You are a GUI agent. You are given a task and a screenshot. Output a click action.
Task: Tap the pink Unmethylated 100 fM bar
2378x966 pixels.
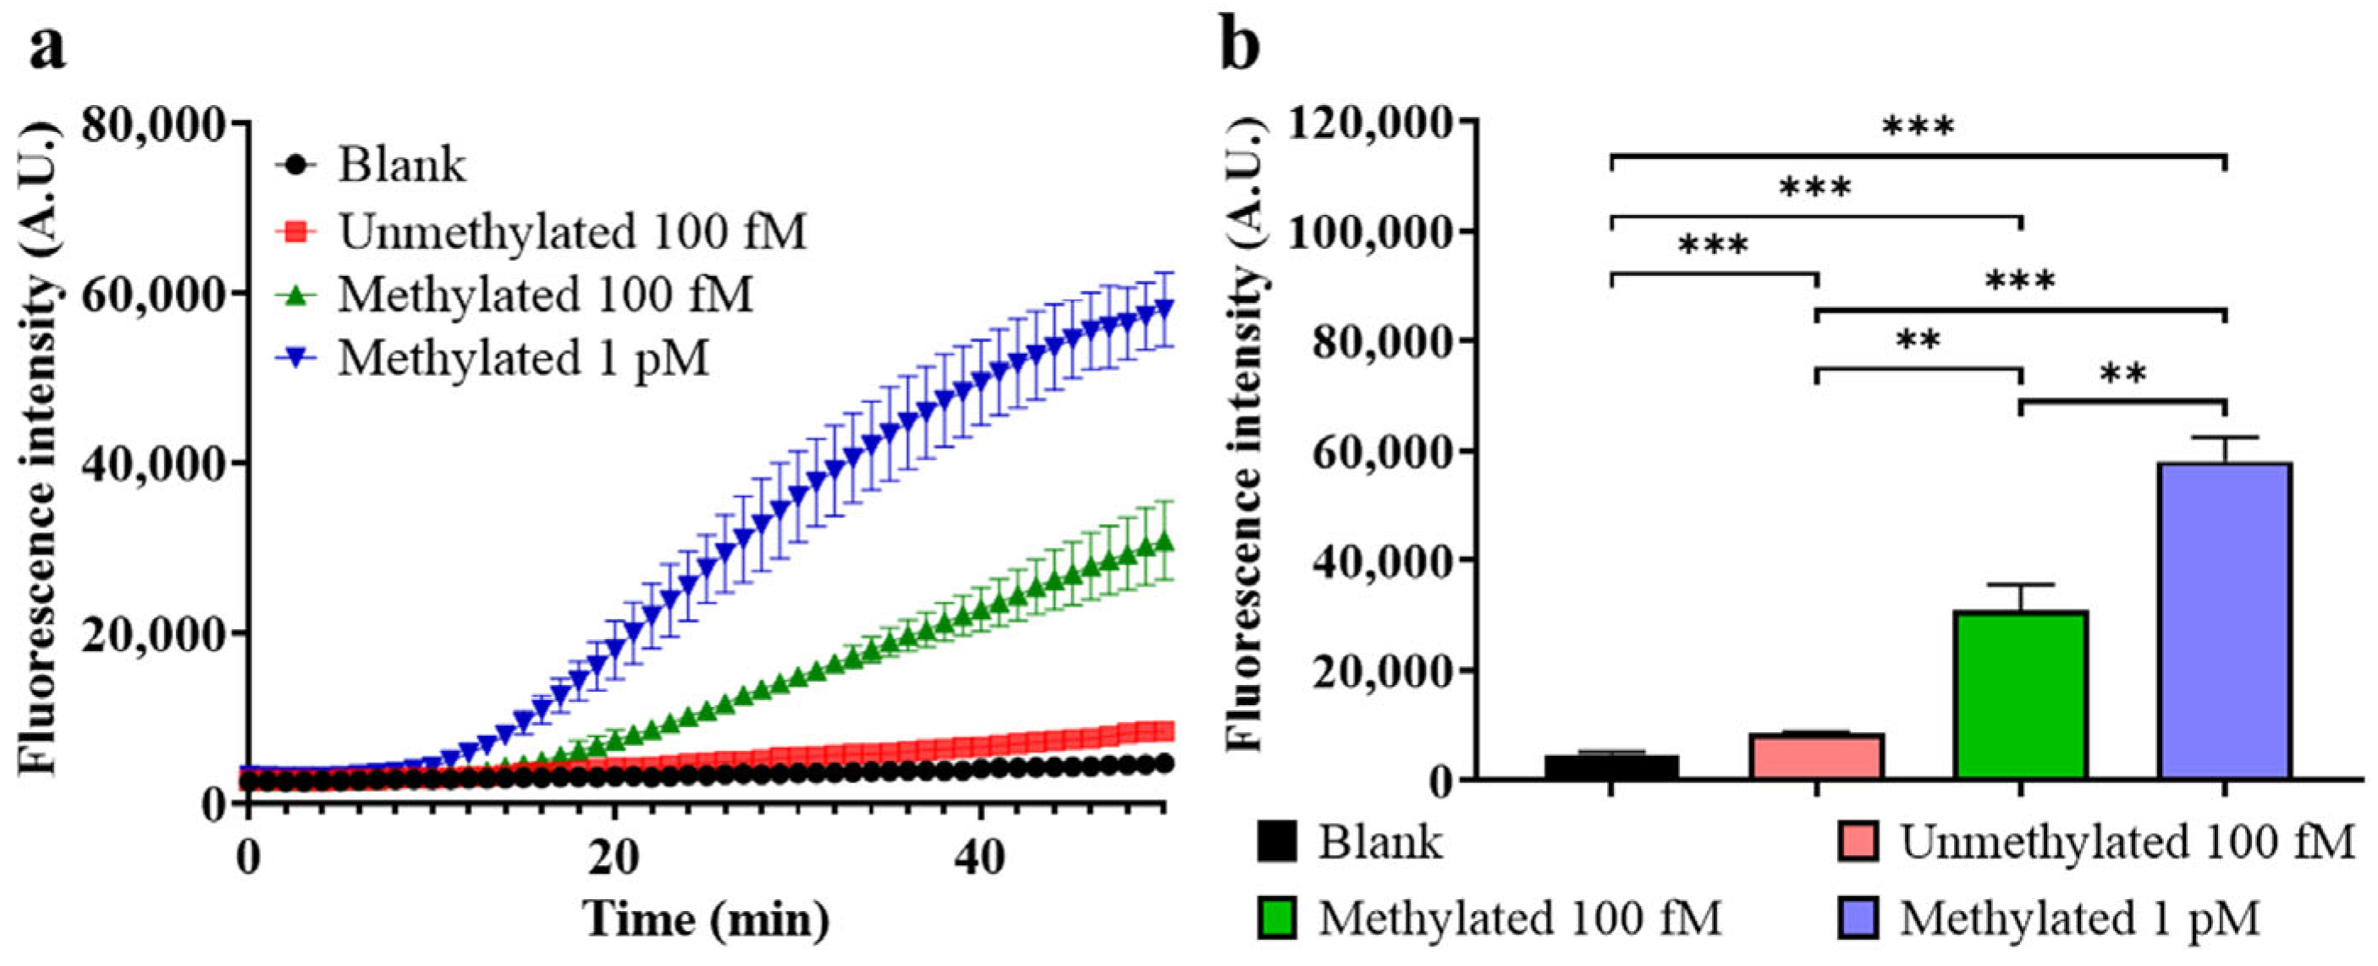(x=1816, y=755)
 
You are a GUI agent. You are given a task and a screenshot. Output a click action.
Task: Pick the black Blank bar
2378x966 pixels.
(x=1611, y=766)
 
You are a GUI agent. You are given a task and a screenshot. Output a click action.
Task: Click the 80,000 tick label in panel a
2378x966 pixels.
(x=153, y=124)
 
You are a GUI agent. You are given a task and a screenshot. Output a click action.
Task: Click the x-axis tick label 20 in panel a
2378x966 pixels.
(x=613, y=858)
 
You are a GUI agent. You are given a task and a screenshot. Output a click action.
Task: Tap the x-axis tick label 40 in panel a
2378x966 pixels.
(x=978, y=858)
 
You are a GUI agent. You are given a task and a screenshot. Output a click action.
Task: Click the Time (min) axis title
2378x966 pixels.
(x=706, y=919)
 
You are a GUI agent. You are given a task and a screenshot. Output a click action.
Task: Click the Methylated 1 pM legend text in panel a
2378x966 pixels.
(x=522, y=358)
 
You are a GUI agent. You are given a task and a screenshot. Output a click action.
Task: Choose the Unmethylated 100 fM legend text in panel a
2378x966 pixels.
(x=572, y=231)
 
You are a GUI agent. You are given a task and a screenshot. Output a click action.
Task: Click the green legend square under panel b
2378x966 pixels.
(x=1277, y=918)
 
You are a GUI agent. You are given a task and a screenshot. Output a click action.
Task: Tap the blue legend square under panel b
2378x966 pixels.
(x=1858, y=918)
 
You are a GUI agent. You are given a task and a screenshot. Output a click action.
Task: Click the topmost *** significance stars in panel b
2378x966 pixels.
(x=1918, y=128)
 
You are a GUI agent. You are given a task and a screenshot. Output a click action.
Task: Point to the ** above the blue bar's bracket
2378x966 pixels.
(x=2123, y=375)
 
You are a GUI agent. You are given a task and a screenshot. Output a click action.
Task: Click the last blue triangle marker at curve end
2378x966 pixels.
(x=1164, y=306)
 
